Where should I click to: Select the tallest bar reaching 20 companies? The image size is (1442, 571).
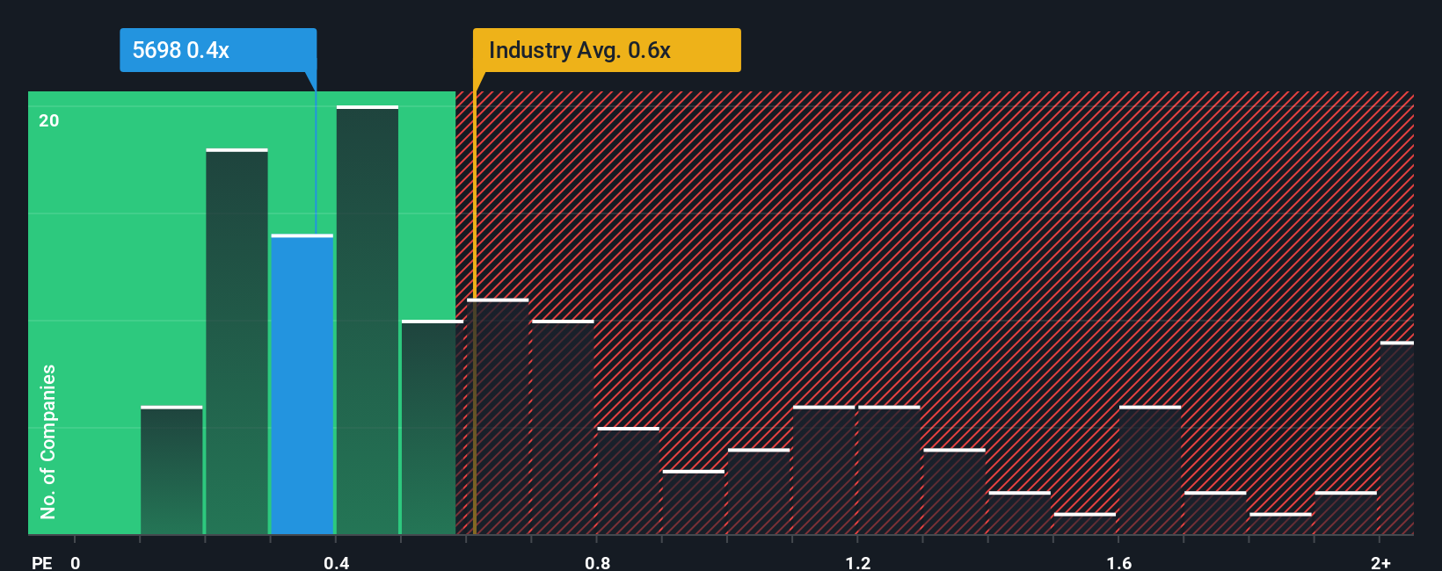pyautogui.click(x=368, y=321)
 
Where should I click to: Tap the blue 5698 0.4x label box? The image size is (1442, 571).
pyautogui.click(x=218, y=50)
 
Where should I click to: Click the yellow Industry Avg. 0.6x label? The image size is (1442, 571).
pyautogui.click(x=607, y=50)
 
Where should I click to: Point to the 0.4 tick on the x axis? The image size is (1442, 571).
pyautogui.click(x=336, y=562)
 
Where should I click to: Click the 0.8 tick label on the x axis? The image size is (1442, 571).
pyautogui.click(x=597, y=562)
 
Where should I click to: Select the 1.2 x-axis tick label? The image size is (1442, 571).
pyautogui.click(x=857, y=562)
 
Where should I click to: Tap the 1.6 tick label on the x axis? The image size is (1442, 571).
pyautogui.click(x=1118, y=562)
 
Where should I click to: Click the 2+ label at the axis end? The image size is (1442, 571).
pyautogui.click(x=1380, y=562)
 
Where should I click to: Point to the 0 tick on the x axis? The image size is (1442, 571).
pyautogui.click(x=76, y=562)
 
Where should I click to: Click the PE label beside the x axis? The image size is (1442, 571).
pyautogui.click(x=41, y=562)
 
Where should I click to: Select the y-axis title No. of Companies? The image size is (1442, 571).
pyautogui.click(x=48, y=441)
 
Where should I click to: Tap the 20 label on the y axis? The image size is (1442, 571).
pyautogui.click(x=49, y=120)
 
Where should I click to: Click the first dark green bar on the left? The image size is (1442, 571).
pyautogui.click(x=171, y=471)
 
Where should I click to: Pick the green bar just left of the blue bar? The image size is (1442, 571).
pyautogui.click(x=237, y=343)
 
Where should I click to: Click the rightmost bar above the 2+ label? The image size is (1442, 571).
pyautogui.click(x=1396, y=438)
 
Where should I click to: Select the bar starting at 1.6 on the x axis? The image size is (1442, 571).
pyautogui.click(x=1150, y=471)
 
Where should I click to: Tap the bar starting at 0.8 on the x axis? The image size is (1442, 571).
pyautogui.click(x=628, y=481)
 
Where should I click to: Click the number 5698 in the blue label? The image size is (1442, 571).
pyautogui.click(x=157, y=50)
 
